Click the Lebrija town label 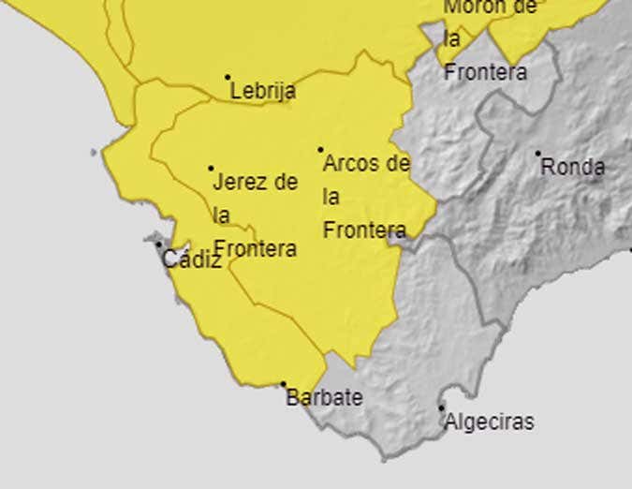263,91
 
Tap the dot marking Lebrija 228,78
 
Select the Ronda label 573,168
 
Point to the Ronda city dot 538,154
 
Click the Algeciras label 489,422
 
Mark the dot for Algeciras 442,407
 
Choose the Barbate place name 324,397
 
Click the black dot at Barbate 284,384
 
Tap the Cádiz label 192,259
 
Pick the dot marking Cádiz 159,245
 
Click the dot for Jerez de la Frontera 211,169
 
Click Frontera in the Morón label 485,71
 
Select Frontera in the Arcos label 364,230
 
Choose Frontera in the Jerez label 256,248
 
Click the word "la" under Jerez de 221,215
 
